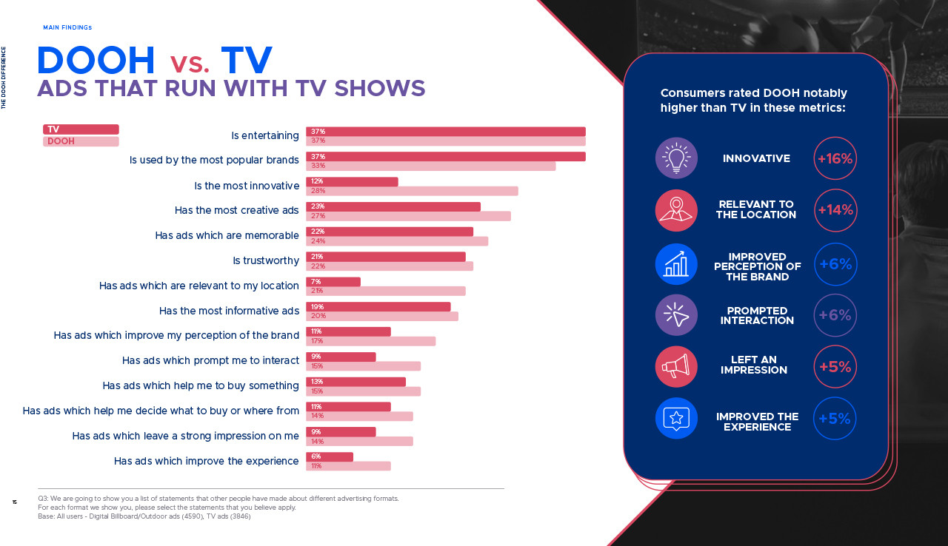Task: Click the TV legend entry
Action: pyautogui.click(x=81, y=129)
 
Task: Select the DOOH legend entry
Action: pyautogui.click(x=81, y=141)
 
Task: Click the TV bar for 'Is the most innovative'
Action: pyautogui.click(x=352, y=182)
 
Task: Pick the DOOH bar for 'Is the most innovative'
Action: pyautogui.click(x=412, y=191)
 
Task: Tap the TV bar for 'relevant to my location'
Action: pyautogui.click(x=333, y=282)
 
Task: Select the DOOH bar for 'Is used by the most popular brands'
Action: pyautogui.click(x=430, y=166)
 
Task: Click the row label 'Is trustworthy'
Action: pyautogui.click(x=266, y=260)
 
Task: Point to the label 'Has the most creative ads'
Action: pyautogui.click(x=237, y=210)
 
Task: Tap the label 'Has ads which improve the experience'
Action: pyautogui.click(x=207, y=461)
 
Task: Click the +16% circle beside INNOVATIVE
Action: pyautogui.click(x=835, y=158)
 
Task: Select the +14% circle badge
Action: pyautogui.click(x=835, y=210)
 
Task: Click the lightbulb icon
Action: pyautogui.click(x=676, y=158)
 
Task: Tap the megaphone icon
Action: pyautogui.click(x=676, y=366)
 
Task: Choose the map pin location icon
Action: pyautogui.click(x=676, y=210)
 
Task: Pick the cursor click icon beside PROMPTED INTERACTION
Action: pyautogui.click(x=676, y=315)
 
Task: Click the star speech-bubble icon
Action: pyautogui.click(x=676, y=418)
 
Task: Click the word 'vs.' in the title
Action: pyautogui.click(x=190, y=64)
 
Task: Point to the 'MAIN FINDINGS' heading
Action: pyautogui.click(x=67, y=27)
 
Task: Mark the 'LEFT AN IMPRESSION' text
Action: pyautogui.click(x=754, y=365)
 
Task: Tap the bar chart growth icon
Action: pyautogui.click(x=676, y=264)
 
